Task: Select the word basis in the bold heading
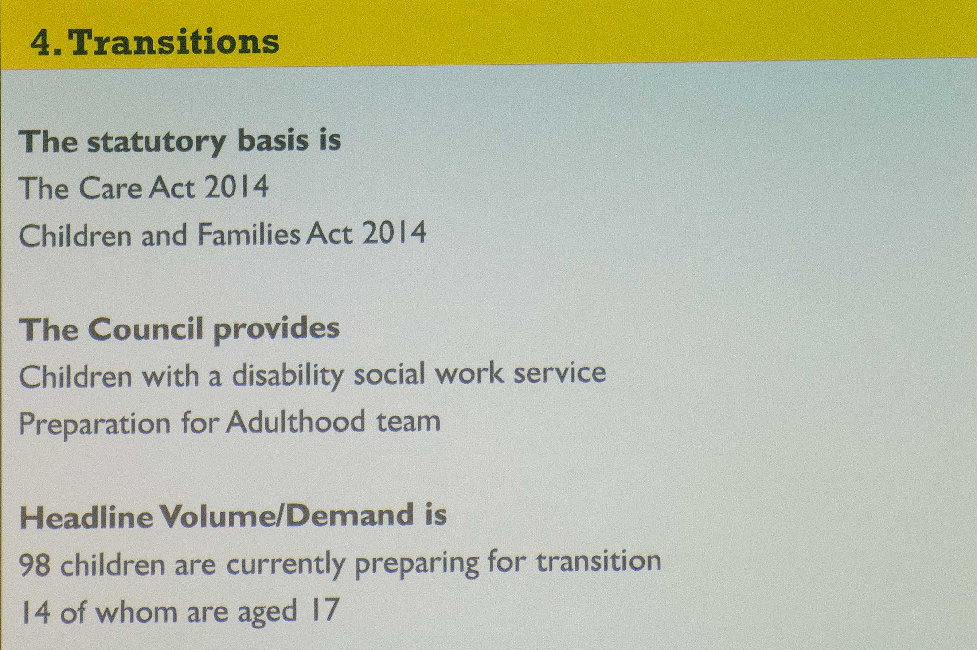coord(274,140)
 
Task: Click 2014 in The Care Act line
coord(236,186)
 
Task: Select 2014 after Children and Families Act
coord(394,233)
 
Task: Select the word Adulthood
coord(295,421)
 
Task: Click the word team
coord(408,422)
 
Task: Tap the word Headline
coord(86,518)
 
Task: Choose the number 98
coord(34,565)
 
